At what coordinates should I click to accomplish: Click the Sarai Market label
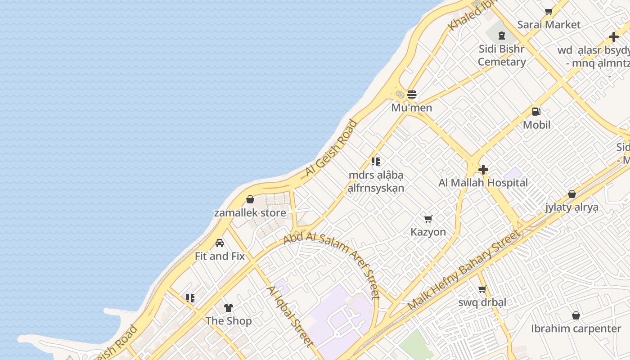point(549,25)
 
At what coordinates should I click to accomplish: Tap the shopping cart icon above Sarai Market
point(549,12)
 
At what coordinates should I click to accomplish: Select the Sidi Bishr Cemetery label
point(502,55)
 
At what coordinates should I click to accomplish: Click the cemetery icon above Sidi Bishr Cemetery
point(502,36)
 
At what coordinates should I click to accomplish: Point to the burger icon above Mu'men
point(412,94)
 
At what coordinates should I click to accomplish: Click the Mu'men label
point(412,108)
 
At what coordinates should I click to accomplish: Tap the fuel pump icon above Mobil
point(536,112)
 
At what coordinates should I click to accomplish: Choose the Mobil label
point(536,125)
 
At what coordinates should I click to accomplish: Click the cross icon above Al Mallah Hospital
point(483,170)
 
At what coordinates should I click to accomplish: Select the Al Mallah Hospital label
point(483,183)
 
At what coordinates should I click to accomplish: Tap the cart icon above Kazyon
point(428,219)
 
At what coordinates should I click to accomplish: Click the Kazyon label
point(428,232)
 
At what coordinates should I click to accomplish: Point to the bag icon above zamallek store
point(250,199)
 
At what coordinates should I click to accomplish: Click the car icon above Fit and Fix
point(220,243)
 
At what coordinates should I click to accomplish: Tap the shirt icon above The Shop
point(229,308)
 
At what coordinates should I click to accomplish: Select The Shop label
point(229,321)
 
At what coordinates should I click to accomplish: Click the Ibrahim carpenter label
point(576,328)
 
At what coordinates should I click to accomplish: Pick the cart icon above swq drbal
point(482,289)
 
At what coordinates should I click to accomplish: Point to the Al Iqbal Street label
point(290,316)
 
